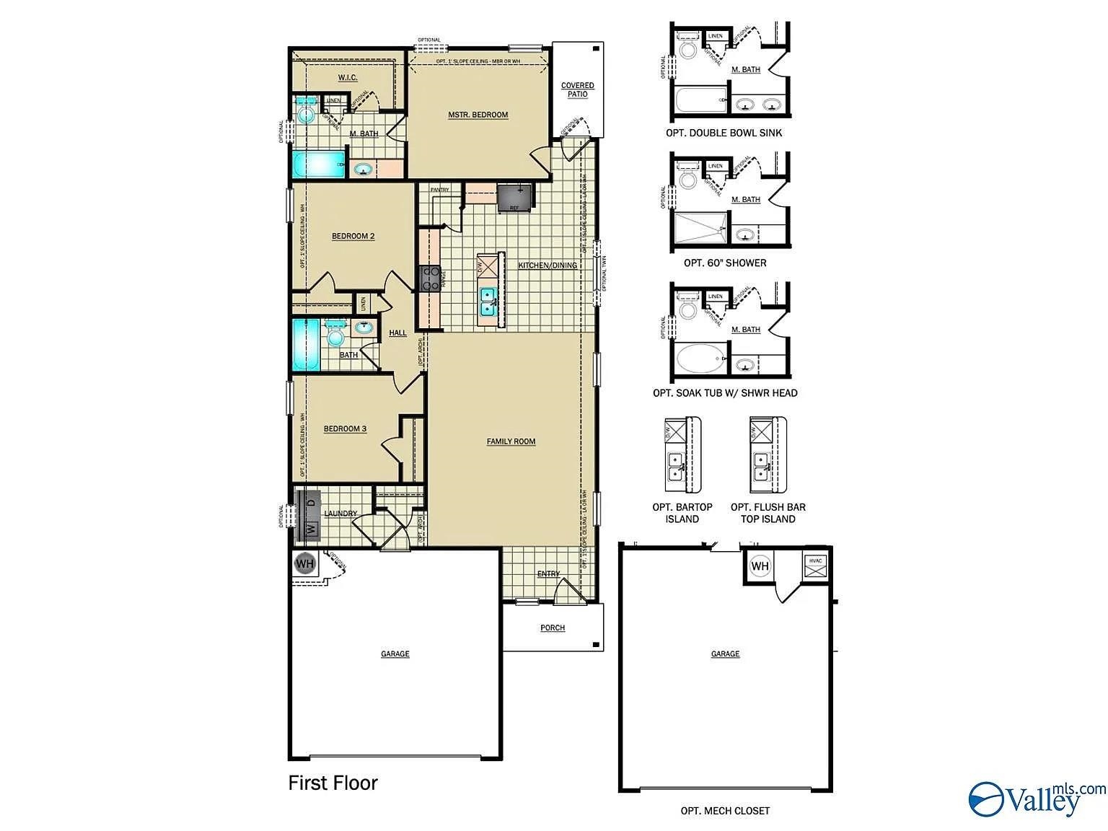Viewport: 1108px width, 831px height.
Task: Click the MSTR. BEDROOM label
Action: (478, 115)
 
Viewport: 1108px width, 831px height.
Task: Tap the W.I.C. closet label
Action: (348, 78)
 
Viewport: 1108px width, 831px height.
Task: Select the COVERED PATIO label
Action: (577, 90)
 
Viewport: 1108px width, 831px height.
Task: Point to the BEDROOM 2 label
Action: (353, 237)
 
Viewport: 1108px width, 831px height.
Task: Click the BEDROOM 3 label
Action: (345, 429)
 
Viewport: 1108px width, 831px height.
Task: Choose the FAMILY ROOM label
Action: (511, 441)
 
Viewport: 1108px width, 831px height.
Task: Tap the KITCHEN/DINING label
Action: (548, 265)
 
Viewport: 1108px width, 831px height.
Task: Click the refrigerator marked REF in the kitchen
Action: (515, 198)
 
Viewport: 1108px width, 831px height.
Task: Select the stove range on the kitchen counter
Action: (431, 278)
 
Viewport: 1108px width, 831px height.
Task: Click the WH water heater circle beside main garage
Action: (305, 563)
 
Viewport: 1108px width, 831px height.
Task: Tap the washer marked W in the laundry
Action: (311, 529)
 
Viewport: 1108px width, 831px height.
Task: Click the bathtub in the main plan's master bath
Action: (318, 164)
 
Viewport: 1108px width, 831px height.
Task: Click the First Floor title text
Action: (333, 783)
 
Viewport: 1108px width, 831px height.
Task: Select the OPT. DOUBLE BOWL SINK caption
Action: (724, 133)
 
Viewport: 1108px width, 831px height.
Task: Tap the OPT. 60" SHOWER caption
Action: (725, 263)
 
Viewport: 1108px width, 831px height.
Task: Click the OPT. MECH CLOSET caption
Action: (725, 811)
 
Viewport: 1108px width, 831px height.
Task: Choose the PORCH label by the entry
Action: (553, 628)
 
